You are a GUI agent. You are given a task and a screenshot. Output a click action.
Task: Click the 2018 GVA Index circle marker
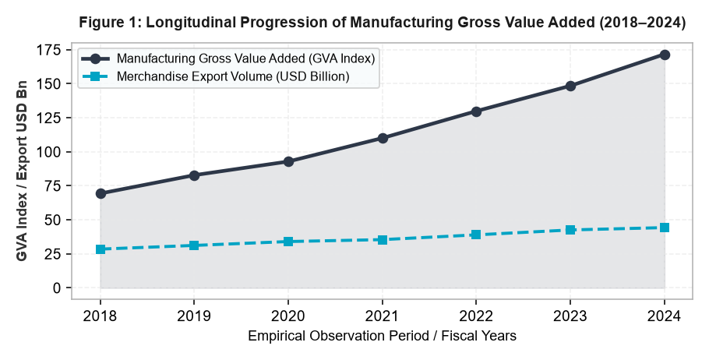[101, 193]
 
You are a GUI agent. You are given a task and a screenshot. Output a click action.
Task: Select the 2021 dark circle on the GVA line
[383, 138]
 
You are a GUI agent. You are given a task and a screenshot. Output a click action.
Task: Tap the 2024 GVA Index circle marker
[665, 55]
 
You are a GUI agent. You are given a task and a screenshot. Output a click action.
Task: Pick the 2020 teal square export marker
[288, 242]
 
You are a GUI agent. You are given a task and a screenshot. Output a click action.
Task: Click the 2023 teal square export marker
[570, 230]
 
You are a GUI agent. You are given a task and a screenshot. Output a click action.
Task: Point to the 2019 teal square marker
[194, 245]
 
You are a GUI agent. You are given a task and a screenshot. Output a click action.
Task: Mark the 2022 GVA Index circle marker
[476, 111]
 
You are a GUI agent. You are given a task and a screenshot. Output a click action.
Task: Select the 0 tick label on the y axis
[56, 288]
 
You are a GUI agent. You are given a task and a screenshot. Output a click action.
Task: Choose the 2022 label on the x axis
[476, 316]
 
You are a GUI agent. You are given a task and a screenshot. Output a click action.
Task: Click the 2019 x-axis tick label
[194, 316]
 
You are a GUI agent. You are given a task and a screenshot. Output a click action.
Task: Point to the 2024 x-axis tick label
[665, 316]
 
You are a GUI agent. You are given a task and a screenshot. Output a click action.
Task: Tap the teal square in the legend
[95, 76]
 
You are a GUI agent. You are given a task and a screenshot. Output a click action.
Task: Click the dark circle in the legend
[95, 58]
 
